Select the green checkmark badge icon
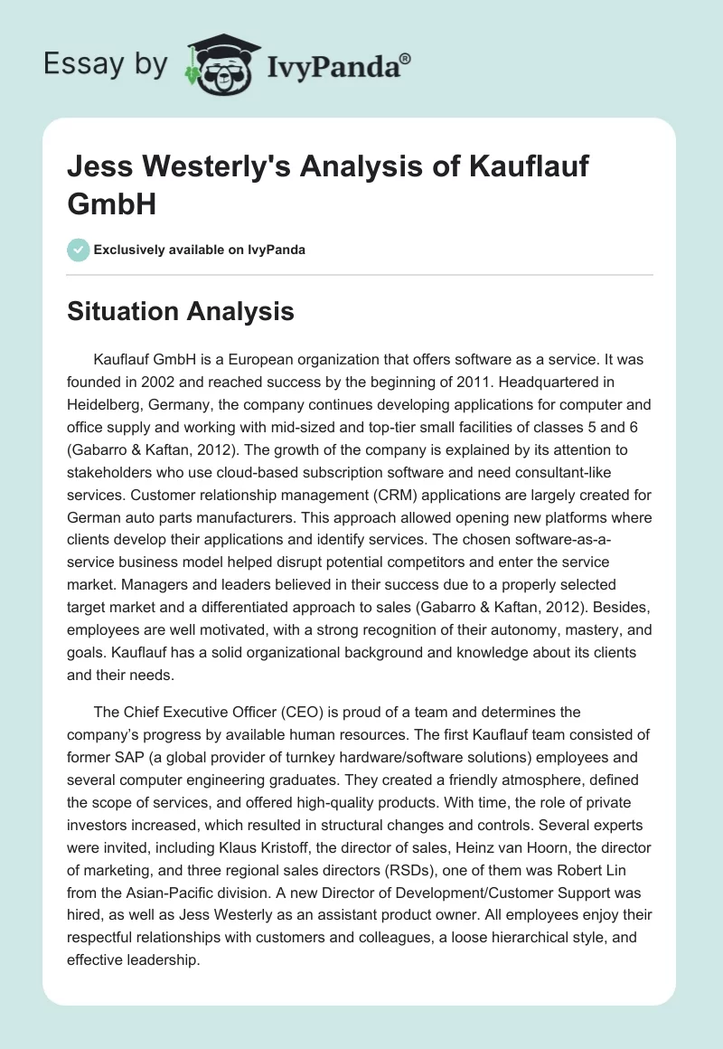click(x=79, y=250)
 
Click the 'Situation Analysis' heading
click(x=181, y=311)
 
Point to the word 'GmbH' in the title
click(x=112, y=203)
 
